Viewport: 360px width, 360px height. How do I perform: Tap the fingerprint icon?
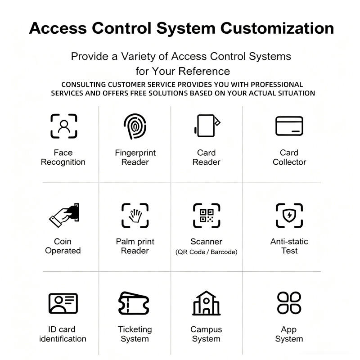[135, 126]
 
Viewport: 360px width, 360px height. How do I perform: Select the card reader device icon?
[207, 126]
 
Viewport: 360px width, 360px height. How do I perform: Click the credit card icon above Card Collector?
[289, 126]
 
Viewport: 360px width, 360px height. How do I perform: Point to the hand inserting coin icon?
[64, 215]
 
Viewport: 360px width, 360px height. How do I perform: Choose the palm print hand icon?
[135, 216]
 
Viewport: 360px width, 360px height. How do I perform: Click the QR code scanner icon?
[207, 216]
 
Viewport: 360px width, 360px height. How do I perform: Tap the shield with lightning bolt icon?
[289, 215]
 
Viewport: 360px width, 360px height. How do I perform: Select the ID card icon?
[63, 303]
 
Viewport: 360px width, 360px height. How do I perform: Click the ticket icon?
[134, 303]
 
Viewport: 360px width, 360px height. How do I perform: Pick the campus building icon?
[206, 303]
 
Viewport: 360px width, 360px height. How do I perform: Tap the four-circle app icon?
[289, 303]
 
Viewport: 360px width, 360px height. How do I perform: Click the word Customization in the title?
[277, 28]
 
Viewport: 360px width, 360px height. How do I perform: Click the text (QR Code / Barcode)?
[206, 252]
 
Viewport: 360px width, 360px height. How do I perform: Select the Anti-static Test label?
[289, 246]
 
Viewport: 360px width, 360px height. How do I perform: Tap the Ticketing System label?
[135, 334]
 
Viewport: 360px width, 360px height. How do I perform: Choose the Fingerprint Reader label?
[135, 157]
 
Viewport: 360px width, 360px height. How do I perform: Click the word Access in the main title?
[58, 28]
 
